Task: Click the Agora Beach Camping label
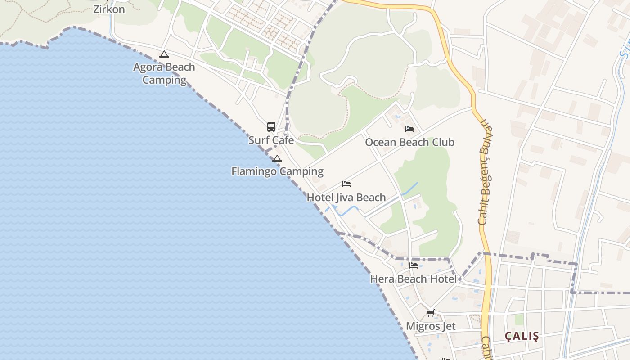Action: pyautogui.click(x=164, y=73)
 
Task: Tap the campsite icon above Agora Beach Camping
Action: pyautogui.click(x=164, y=54)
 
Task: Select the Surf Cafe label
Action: pyautogui.click(x=271, y=140)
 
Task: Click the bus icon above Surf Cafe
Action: pyautogui.click(x=271, y=126)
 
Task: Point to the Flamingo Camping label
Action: pyautogui.click(x=277, y=171)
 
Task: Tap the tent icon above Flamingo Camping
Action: pyautogui.click(x=277, y=158)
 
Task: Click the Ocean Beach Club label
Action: pyautogui.click(x=409, y=142)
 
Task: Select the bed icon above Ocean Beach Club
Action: pyautogui.click(x=409, y=129)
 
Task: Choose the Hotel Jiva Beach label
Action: pyautogui.click(x=346, y=198)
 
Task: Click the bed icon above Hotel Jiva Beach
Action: pyautogui.click(x=346, y=184)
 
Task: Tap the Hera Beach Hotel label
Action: pyautogui.click(x=413, y=279)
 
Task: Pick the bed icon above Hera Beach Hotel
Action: pyautogui.click(x=414, y=265)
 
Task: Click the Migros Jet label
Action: pyautogui.click(x=431, y=326)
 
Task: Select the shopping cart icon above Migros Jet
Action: pyautogui.click(x=431, y=313)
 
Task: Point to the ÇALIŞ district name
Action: pyautogui.click(x=522, y=336)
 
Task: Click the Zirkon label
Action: pyautogui.click(x=109, y=9)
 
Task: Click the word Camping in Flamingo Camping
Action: pyautogui.click(x=301, y=171)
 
